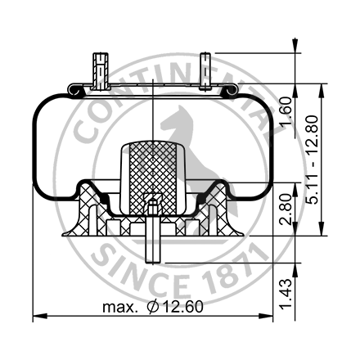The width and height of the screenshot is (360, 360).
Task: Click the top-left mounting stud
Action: [x=100, y=71]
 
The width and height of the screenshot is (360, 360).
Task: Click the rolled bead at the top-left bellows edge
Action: [x=74, y=90]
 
